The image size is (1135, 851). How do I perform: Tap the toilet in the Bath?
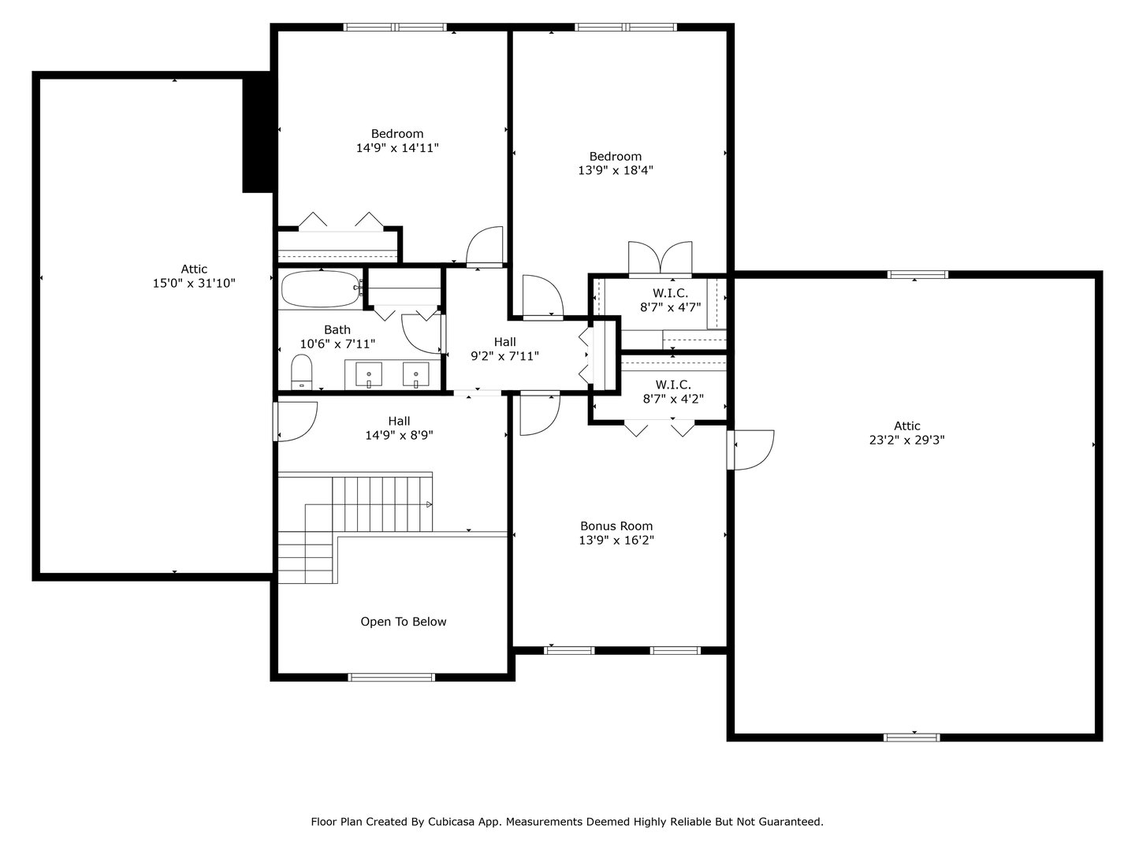302,372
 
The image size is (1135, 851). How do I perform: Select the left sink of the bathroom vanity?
369,373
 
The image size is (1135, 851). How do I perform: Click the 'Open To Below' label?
403,622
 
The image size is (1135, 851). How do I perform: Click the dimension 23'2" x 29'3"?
906,440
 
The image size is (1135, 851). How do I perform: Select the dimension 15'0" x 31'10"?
194,283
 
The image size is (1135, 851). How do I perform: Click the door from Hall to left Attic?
295,421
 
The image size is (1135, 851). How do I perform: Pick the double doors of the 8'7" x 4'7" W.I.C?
661,258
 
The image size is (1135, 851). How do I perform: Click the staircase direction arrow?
429,504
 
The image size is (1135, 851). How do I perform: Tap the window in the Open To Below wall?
392,677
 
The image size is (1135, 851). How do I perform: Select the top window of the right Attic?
917,274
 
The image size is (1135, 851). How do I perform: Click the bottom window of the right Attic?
912,738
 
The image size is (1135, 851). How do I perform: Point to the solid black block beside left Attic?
257,132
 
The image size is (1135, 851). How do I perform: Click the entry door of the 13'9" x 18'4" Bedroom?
541,297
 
